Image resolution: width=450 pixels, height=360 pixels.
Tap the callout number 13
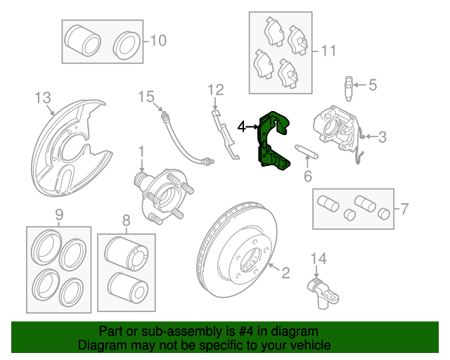pos(43,98)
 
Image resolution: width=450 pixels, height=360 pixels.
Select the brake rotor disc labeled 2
pos(238,250)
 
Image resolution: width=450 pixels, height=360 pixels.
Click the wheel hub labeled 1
pos(163,196)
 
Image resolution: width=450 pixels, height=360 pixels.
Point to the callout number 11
pos(328,51)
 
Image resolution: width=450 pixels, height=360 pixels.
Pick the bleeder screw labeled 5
pos(349,89)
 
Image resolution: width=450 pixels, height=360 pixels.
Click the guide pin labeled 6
pos(307,152)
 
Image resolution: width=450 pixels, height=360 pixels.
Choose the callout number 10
pos(158,41)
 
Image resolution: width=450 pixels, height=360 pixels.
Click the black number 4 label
pos(242,127)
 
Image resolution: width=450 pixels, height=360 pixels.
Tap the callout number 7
pos(404,209)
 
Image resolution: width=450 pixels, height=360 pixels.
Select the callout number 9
pos(59,214)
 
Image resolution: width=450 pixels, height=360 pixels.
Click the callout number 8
pos(127,221)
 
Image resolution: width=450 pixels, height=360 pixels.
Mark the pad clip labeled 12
pos(225,134)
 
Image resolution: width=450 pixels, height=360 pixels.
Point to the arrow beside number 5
pos(360,84)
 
